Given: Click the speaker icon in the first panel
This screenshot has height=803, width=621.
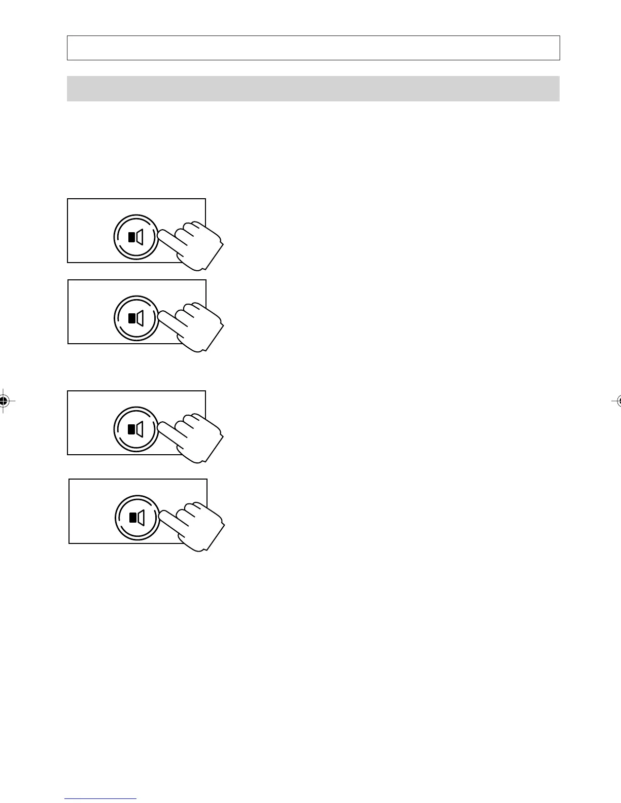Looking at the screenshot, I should pyautogui.click(x=136, y=237).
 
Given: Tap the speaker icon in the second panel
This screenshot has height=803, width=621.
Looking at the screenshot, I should pyautogui.click(x=136, y=318).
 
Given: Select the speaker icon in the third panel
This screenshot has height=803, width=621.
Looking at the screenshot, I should pyautogui.click(x=136, y=429).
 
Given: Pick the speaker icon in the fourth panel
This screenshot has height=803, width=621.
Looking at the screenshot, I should pyautogui.click(x=137, y=518).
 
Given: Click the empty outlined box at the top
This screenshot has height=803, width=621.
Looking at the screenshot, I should pyautogui.click(x=313, y=48).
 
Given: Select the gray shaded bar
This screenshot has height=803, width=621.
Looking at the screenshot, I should pyautogui.click(x=313, y=89).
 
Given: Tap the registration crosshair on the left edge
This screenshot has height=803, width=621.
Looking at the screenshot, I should pyautogui.click(x=4, y=401).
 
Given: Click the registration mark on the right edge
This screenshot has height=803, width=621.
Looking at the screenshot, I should pyautogui.click(x=617, y=401).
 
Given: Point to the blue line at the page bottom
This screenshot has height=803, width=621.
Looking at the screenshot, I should pyautogui.click(x=100, y=799).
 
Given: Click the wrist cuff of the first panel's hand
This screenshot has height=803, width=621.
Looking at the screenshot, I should pyautogui.click(x=213, y=256).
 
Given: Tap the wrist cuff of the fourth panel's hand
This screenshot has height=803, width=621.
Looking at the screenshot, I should pyautogui.click(x=214, y=537).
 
